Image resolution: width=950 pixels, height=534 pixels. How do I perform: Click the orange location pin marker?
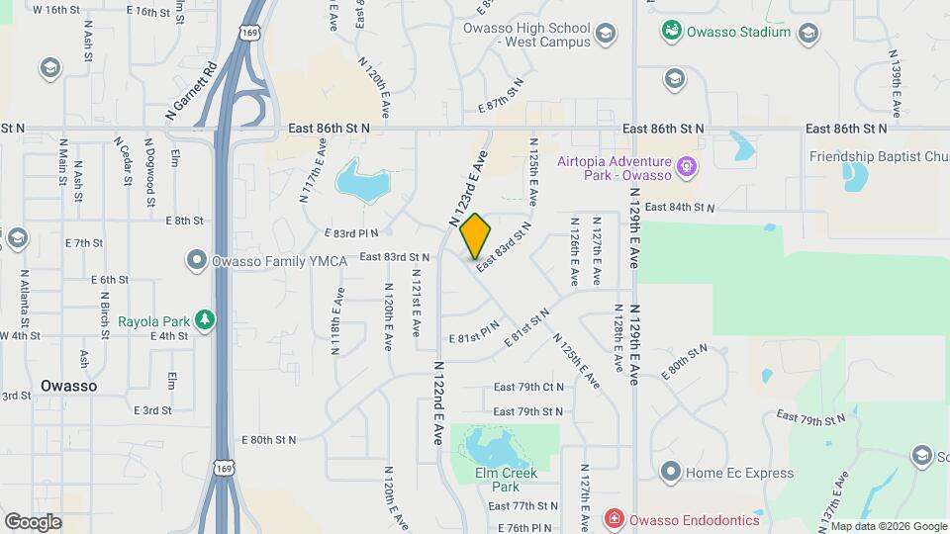(x=476, y=235)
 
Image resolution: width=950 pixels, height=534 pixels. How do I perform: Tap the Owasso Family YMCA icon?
(x=195, y=262)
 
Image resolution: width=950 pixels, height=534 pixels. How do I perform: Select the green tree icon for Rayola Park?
(x=205, y=319)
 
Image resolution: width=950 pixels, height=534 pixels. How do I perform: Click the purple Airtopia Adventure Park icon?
(x=686, y=162)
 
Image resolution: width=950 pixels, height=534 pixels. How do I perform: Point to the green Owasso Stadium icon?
(x=672, y=32)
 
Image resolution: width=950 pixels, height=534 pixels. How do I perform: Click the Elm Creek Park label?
(x=505, y=479)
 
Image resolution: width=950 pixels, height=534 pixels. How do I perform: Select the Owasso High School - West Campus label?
(x=527, y=35)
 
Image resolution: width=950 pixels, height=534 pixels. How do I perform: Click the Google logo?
(x=33, y=521)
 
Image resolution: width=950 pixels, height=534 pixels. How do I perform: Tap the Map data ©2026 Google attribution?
(x=888, y=526)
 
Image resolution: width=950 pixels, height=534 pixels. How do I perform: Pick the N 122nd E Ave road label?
(x=437, y=401)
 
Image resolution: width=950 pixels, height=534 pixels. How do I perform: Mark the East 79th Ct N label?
(x=528, y=387)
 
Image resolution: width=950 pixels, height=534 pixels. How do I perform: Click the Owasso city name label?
(x=69, y=386)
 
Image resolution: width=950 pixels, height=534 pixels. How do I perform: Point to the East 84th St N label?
(x=679, y=207)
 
